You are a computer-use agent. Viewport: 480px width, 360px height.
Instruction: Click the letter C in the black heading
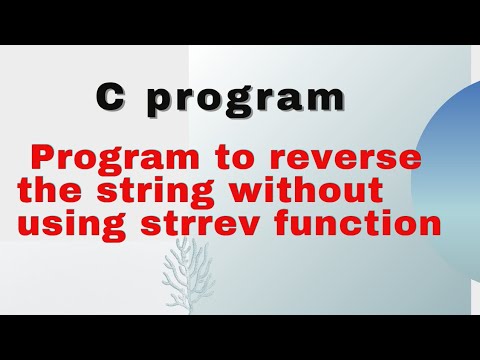tap(110, 98)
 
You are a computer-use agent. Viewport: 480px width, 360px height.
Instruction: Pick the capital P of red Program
tap(43, 158)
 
